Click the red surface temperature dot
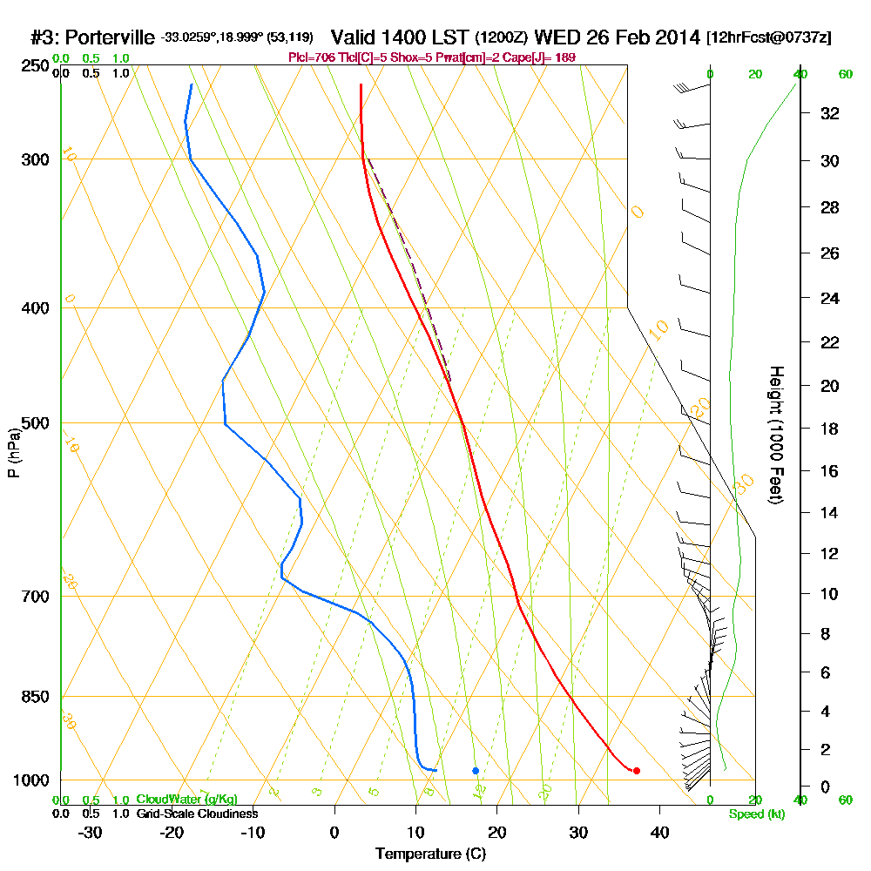tap(637, 770)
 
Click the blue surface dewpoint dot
tap(476, 770)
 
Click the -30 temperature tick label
tap(91, 832)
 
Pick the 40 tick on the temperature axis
tap(659, 832)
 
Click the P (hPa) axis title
tap(13, 453)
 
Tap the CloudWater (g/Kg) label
tap(186, 800)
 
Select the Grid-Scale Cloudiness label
tap(196, 814)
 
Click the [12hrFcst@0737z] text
tap(769, 37)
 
